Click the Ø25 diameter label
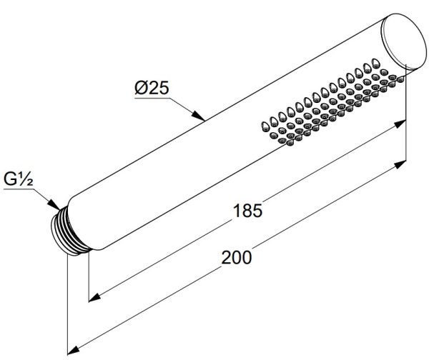(152, 88)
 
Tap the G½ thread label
(19, 179)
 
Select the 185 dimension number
(247, 211)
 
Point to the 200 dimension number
(237, 257)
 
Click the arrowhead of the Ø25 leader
(199, 116)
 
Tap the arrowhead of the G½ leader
(54, 205)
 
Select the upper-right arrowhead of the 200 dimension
(400, 165)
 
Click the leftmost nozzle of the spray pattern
(265, 126)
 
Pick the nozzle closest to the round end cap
(400, 79)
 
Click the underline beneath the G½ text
(19, 189)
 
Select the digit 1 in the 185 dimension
(237, 211)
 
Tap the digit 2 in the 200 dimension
(226, 257)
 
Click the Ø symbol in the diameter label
(141, 88)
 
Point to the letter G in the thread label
(10, 179)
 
